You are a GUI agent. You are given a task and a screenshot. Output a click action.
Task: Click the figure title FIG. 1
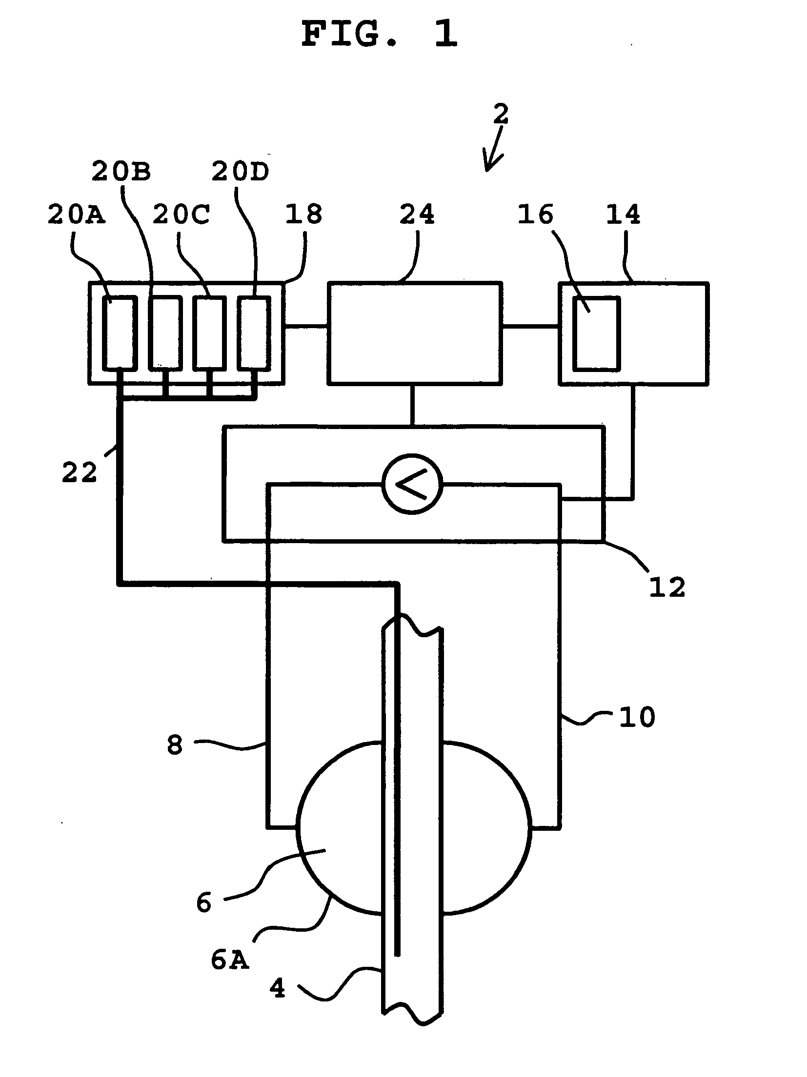point(380,35)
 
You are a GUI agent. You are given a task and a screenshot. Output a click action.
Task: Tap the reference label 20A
point(77,215)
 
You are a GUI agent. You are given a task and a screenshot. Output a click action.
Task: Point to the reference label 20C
point(182,215)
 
